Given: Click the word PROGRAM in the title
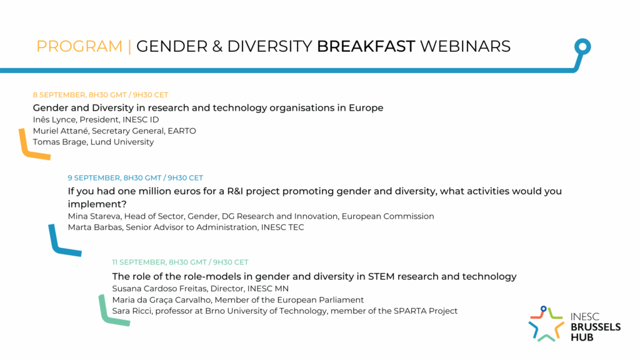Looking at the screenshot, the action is point(79,46).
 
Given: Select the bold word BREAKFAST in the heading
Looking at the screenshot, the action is point(366,46).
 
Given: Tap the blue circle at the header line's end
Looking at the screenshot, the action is point(582,46).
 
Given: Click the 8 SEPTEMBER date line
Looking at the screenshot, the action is point(101,95).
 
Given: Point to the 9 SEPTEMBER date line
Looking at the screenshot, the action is point(136,178).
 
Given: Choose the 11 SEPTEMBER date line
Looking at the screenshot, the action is point(180,262).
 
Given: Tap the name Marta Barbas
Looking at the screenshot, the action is point(95,227).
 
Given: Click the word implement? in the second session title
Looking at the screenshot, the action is point(97,204).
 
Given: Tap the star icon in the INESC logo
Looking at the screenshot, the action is point(546,324).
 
